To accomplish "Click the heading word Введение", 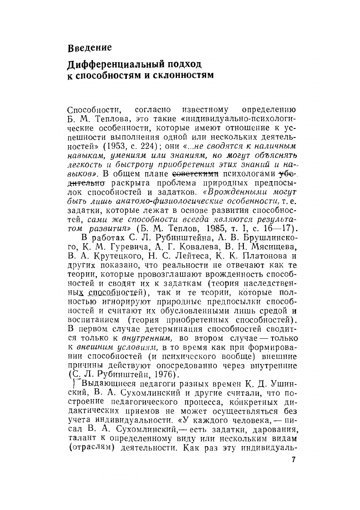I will coord(90,47).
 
